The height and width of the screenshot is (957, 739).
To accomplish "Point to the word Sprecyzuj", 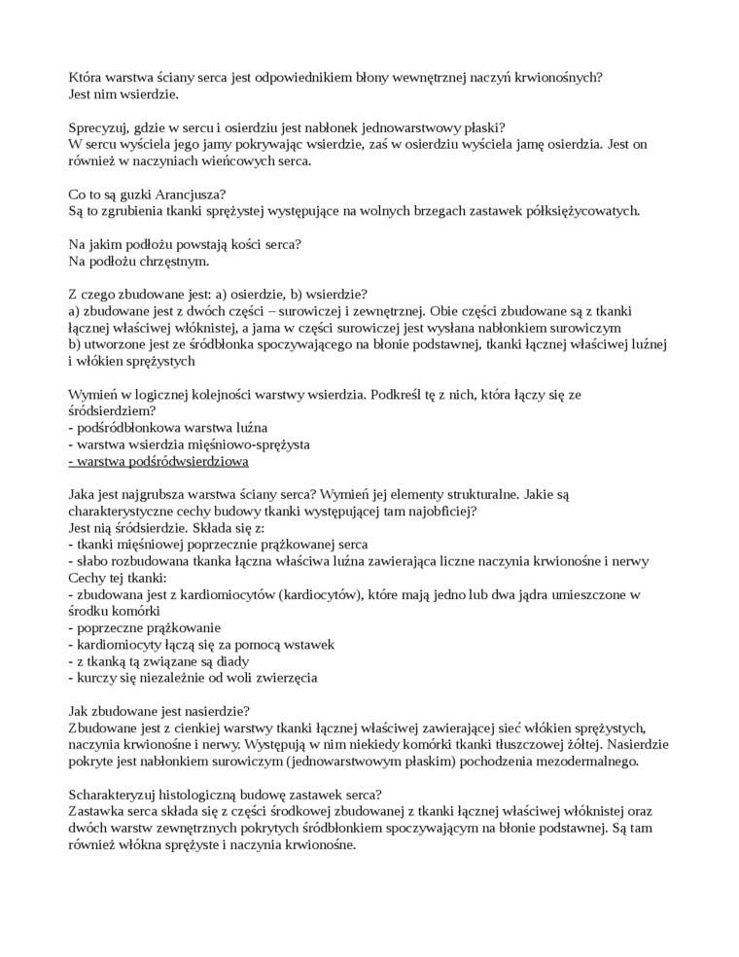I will tap(101, 127).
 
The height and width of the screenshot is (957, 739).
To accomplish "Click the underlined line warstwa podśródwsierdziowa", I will tap(158, 460).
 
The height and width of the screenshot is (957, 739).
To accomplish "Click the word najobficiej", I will tap(439, 510).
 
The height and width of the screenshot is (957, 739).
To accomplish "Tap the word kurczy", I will tap(96, 677).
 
